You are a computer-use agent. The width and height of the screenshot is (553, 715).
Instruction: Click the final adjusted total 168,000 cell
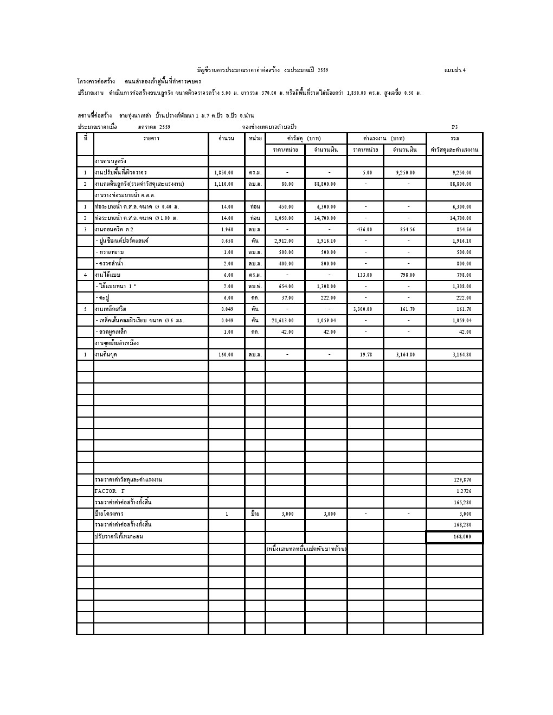pyautogui.click(x=461, y=537)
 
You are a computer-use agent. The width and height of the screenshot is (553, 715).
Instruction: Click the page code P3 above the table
pyautogui.click(x=454, y=127)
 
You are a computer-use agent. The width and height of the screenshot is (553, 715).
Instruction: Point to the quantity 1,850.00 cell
pyautogui.click(x=224, y=173)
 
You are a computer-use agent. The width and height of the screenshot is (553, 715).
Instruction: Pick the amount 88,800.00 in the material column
pyautogui.click(x=325, y=184)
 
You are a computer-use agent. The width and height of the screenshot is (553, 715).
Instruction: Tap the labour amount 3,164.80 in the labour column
pyautogui.click(x=404, y=355)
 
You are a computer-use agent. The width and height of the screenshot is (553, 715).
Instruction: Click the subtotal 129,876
pyautogui.click(x=462, y=480)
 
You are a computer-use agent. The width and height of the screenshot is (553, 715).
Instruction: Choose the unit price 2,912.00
pyautogui.click(x=284, y=241)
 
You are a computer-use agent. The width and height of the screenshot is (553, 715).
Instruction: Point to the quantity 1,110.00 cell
pyautogui.click(x=224, y=184)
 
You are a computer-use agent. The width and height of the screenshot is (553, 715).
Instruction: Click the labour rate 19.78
pyautogui.click(x=366, y=355)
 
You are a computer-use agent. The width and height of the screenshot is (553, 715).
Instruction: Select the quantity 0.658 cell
pyautogui.click(x=227, y=241)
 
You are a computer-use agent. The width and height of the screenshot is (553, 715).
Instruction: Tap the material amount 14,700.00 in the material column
pyautogui.click(x=325, y=218)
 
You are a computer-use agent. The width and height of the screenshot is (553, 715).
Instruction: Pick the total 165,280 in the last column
pyautogui.click(x=462, y=503)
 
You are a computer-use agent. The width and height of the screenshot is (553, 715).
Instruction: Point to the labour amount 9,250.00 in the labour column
pyautogui.click(x=404, y=173)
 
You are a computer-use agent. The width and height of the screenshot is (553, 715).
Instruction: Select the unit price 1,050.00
pyautogui.click(x=284, y=218)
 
